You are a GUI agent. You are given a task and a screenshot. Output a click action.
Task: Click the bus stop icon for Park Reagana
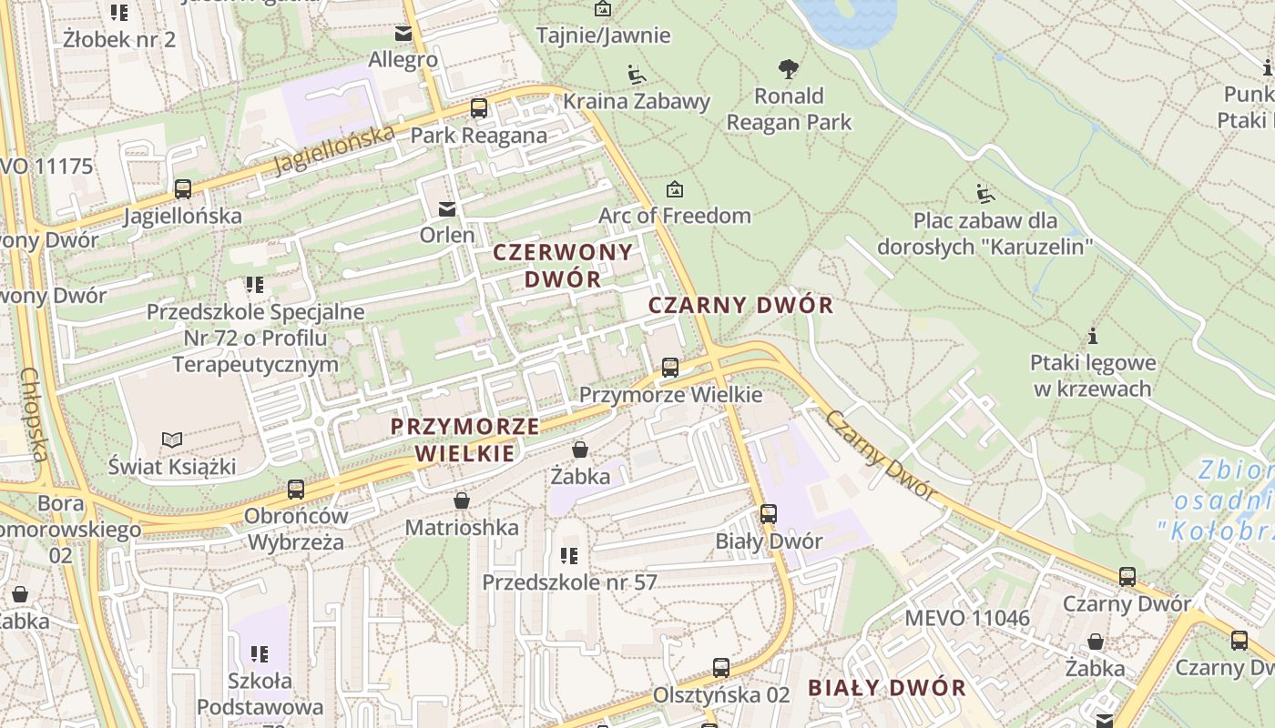pos(479,108)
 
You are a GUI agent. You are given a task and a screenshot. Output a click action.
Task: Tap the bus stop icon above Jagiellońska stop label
pos(183,189)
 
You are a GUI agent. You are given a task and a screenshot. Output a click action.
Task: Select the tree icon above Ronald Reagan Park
pos(789,68)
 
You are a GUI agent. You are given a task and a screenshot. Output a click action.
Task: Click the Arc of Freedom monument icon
pos(674,189)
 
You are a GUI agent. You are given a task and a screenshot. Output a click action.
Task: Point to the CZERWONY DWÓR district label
pos(563,266)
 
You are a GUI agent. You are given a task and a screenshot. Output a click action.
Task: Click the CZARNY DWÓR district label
pos(740,305)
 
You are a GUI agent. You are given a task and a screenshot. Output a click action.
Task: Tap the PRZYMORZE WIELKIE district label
pos(464,440)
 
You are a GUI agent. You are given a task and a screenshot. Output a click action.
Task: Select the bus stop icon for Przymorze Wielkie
pos(670,368)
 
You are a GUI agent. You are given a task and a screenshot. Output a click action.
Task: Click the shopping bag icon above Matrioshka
pos(462,501)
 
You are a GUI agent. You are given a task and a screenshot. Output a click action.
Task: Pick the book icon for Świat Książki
pos(172,440)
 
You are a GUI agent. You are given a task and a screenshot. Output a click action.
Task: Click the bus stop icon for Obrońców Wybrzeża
pos(296,490)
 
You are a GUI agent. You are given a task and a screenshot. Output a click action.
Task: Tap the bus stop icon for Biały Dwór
pos(769,514)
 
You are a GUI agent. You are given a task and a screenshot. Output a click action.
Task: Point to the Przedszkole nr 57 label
pos(569,582)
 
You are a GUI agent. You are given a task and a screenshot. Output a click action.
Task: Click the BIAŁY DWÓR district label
pos(887,688)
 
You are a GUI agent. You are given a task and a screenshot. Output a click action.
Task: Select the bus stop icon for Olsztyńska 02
pos(721,668)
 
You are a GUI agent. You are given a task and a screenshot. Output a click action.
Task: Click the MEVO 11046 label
pos(966,619)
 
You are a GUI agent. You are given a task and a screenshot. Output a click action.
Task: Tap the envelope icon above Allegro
pos(403,34)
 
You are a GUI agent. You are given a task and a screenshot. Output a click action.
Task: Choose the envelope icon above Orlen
pos(447,208)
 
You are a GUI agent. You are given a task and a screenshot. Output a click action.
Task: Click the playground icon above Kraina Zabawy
pos(637,74)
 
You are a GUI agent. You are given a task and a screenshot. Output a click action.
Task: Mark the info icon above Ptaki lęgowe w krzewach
pos(1092,336)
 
